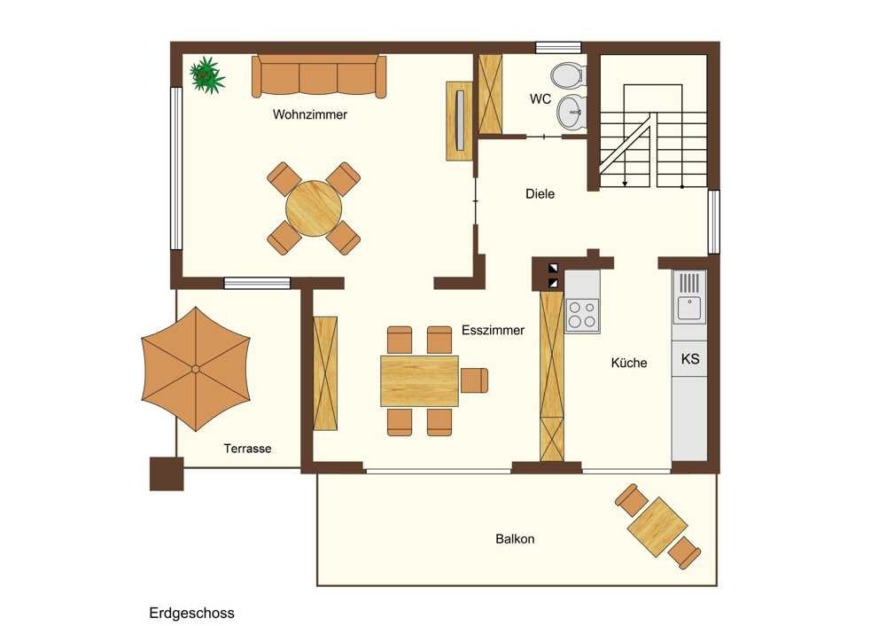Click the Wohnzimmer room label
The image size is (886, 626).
click(309, 114)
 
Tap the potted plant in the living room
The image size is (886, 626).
click(206, 74)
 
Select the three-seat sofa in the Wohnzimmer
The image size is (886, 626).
click(319, 75)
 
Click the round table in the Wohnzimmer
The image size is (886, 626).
click(314, 208)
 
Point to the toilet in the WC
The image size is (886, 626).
click(568, 75)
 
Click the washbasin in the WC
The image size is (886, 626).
click(571, 112)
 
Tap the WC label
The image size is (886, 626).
click(540, 99)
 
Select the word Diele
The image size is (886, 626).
click(540, 194)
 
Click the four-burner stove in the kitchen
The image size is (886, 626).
click(582, 315)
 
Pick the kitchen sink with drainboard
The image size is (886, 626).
click(689, 297)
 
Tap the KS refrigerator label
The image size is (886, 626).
click(690, 358)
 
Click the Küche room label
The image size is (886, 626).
click(629, 363)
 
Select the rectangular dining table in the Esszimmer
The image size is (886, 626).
click(419, 380)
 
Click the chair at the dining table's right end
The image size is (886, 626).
click(474, 380)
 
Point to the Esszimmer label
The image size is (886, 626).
click(493, 330)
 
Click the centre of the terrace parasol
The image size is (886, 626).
click(196, 369)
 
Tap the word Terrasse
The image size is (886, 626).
click(247, 449)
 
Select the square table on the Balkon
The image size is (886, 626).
click(657, 527)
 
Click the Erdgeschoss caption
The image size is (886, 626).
click(191, 613)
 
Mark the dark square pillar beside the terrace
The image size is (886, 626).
click(167, 473)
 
